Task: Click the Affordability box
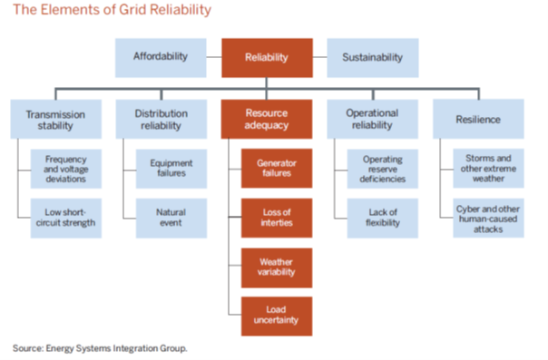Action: pos(161,57)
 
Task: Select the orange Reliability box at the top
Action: pos(267,57)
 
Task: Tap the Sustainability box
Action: pos(373,57)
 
